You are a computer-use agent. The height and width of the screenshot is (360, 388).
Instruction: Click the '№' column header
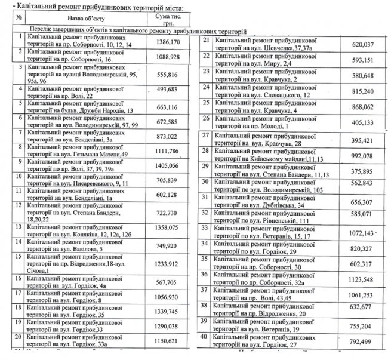point(10,19)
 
